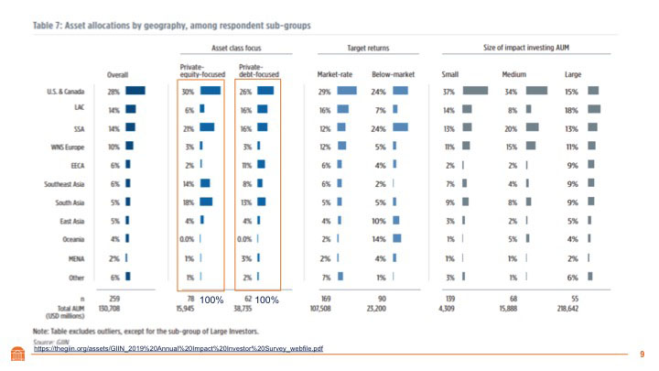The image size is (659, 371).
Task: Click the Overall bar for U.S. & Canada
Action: tap(135, 90)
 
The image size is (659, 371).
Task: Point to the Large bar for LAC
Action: tap(595, 108)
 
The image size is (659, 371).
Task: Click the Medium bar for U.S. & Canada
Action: tap(537, 90)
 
